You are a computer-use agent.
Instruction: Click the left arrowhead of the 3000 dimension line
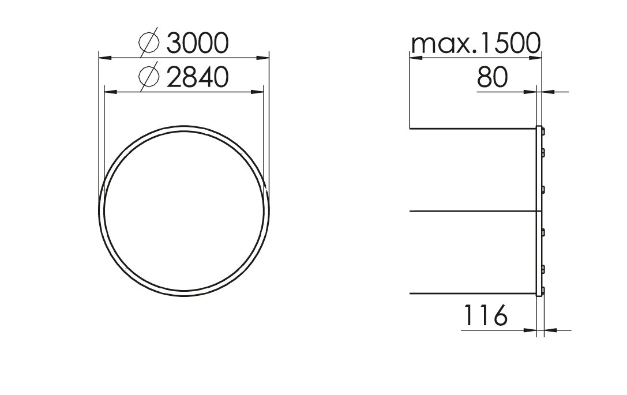point(104,58)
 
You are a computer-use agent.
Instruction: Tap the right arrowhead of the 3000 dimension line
point(263,58)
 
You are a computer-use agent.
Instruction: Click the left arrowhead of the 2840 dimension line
point(110,92)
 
